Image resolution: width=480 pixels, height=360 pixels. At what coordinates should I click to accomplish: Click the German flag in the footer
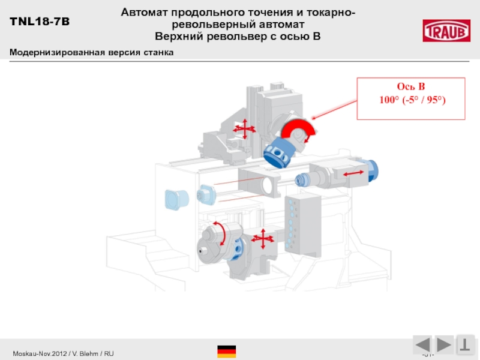[226, 352]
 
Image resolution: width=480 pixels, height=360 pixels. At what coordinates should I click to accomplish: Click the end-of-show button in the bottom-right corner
[465, 345]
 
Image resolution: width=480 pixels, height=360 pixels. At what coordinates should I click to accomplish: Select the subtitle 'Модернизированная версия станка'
[91, 52]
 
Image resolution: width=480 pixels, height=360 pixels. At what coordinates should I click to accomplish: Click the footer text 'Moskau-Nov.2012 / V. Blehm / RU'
[64, 354]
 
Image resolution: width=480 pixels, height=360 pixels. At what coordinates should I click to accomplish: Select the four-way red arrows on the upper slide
[242, 127]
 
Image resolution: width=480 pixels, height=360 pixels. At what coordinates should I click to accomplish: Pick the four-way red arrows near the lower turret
[262, 239]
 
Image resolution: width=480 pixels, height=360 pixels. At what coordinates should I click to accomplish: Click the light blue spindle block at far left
[175, 199]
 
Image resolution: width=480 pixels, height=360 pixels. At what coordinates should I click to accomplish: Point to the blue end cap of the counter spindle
[370, 170]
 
